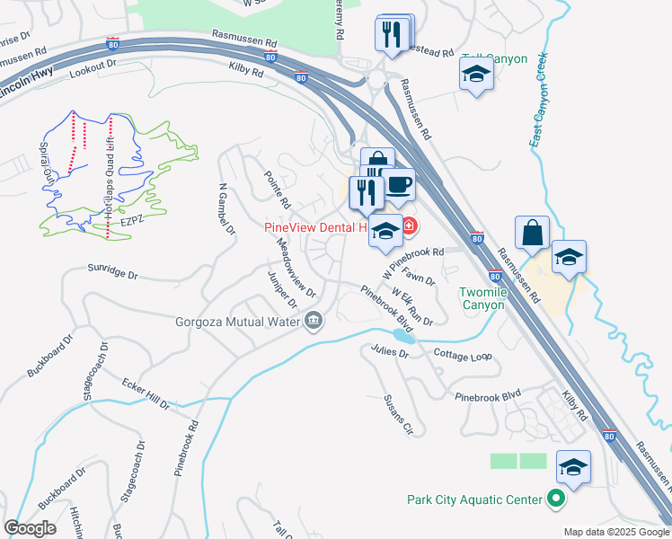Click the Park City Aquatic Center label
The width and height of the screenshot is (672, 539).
click(x=475, y=499)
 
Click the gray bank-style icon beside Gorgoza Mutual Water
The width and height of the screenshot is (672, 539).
click(x=314, y=320)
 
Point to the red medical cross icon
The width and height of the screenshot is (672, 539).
click(x=409, y=226)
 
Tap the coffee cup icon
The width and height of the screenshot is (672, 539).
click(x=399, y=186)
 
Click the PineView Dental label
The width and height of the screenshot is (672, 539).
click(x=314, y=227)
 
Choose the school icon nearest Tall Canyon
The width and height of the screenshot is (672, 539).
click(x=475, y=75)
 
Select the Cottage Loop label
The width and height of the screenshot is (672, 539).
click(x=463, y=356)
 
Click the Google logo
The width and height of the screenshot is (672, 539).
click(x=31, y=528)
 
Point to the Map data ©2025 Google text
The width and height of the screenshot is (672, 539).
click(x=615, y=532)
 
